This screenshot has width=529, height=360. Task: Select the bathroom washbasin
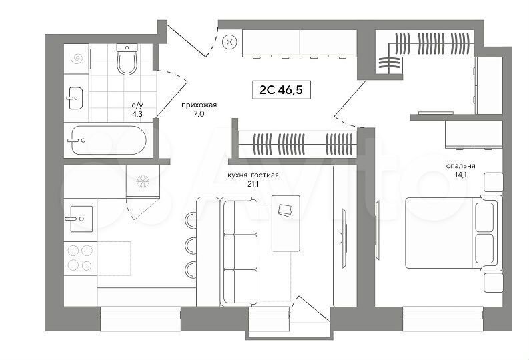[75, 98]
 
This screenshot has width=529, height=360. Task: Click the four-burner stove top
[80, 258]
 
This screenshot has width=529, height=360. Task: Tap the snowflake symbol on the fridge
[143, 181]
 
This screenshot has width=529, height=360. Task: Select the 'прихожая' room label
[199, 105]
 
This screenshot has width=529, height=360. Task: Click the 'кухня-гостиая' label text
[253, 175]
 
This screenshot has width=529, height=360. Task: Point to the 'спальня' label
[460, 166]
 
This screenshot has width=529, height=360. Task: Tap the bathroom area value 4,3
[137, 114]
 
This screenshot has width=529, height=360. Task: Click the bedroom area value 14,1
[460, 175]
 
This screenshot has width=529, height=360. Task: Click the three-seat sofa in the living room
[239, 252]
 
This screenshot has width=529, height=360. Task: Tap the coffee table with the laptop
[286, 223]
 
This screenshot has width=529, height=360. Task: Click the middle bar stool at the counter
[190, 245]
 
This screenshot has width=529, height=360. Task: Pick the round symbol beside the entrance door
[230, 42]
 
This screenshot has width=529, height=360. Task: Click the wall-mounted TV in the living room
[344, 238]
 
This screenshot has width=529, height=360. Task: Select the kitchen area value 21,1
[253, 185]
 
